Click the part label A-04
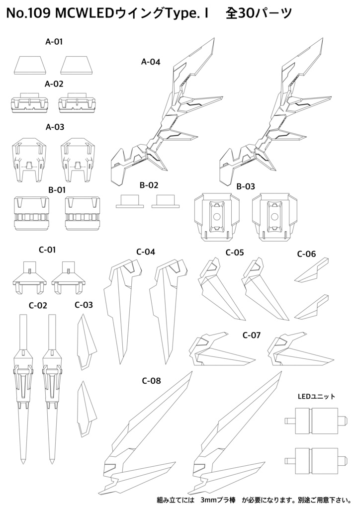pos(151,62)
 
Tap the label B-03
pos(246,186)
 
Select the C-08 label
pos(151,381)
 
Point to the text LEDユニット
pos(316,396)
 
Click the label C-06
pos(306,254)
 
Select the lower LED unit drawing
pos(313,460)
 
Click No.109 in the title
pos(26,16)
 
